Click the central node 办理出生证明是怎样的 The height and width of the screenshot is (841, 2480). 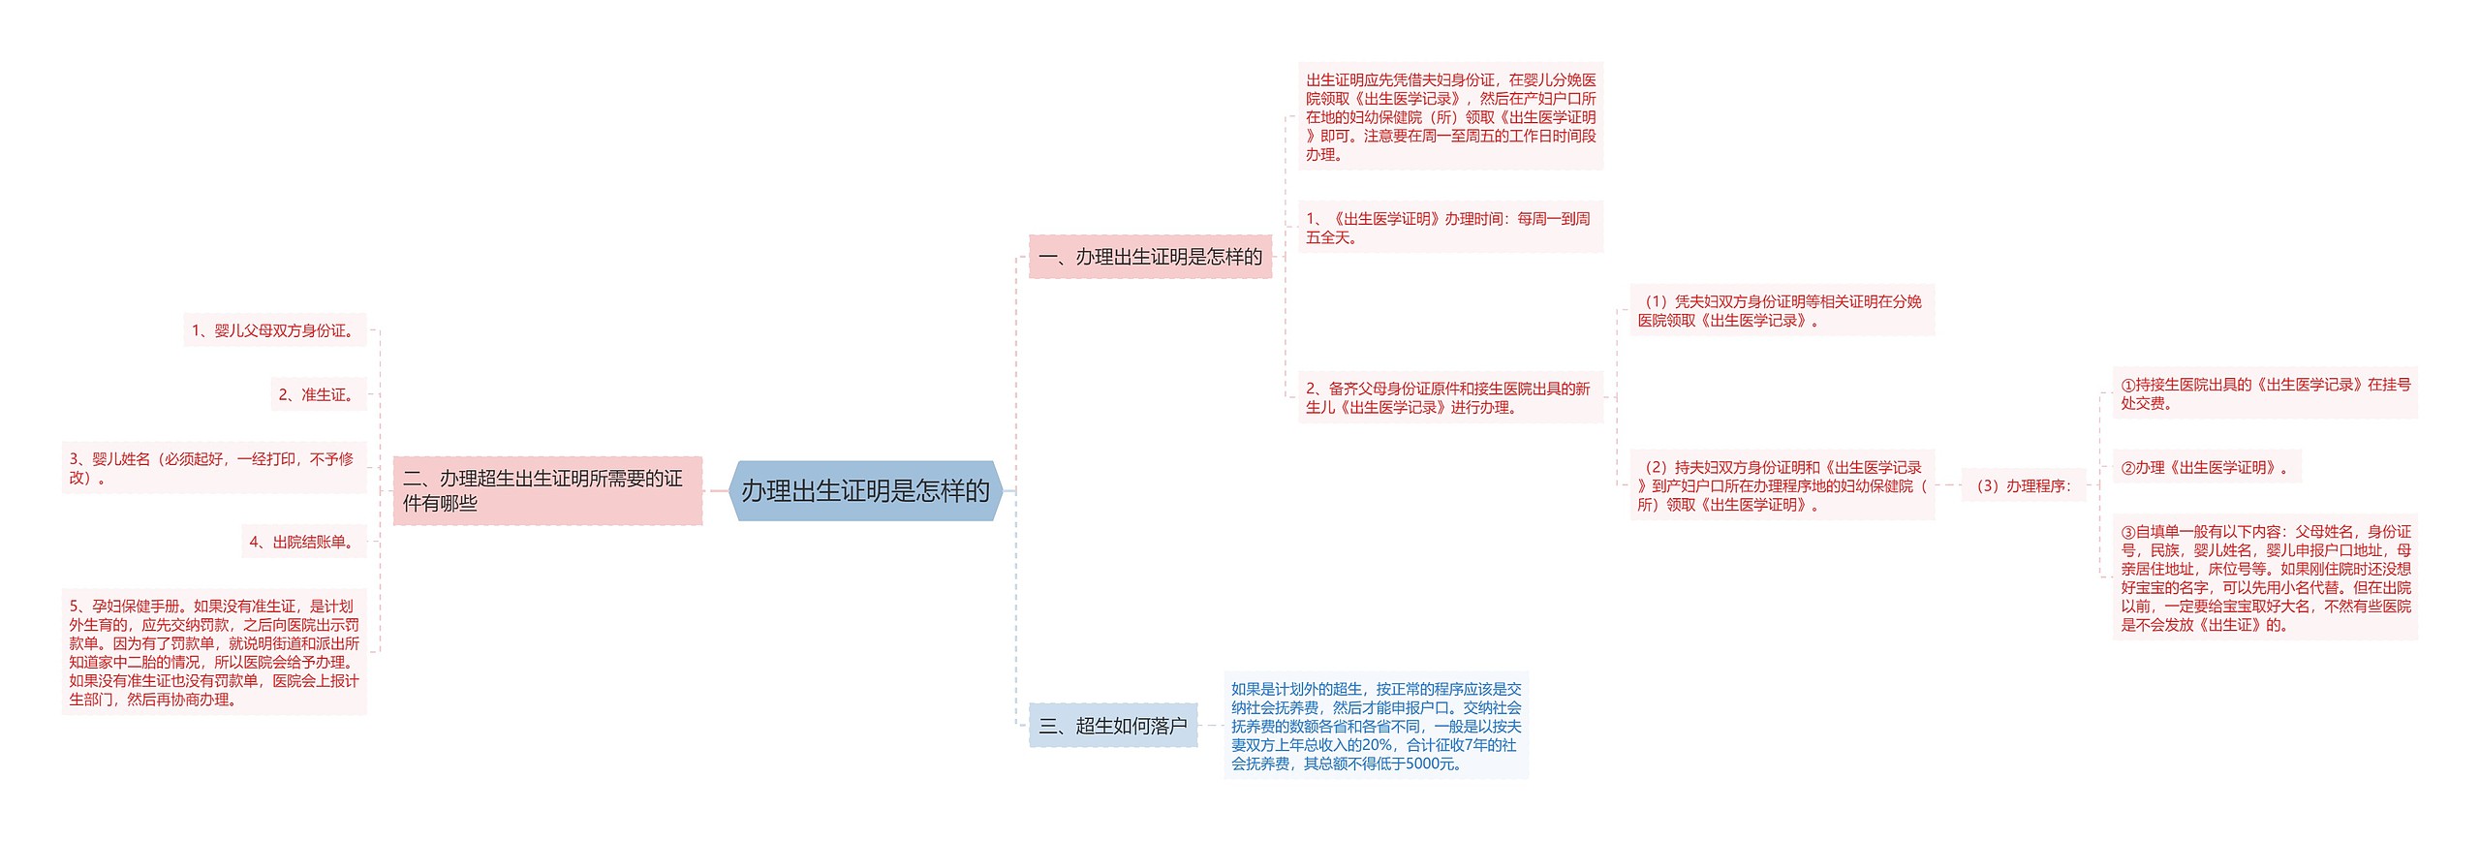(x=865, y=491)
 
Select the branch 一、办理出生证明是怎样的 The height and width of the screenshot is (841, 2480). (x=1150, y=257)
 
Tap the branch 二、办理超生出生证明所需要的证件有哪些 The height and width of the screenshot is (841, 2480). (x=547, y=491)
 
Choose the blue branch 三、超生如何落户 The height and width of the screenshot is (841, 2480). (x=1112, y=726)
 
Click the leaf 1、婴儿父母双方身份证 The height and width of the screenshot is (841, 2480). (x=274, y=330)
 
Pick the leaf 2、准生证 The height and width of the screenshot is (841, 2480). (x=318, y=394)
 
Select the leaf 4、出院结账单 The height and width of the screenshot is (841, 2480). (x=303, y=542)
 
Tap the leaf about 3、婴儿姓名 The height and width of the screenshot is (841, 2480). (x=213, y=468)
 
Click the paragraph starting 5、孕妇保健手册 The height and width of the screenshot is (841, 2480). (x=213, y=652)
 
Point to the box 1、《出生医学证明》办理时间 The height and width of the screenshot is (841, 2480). (x=1449, y=228)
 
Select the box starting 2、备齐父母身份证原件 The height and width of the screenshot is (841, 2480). (x=1449, y=397)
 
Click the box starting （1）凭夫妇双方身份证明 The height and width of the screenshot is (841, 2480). (x=1781, y=311)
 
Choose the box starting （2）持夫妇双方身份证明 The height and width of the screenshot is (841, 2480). (x=1781, y=485)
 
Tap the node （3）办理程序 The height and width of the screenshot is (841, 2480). (x=2023, y=485)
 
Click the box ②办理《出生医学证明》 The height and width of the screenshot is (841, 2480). (x=2205, y=467)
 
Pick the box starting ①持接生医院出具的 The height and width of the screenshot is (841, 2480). (x=2264, y=393)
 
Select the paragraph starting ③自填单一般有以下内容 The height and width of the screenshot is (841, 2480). (x=2264, y=577)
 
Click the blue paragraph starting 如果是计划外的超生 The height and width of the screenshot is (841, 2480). (x=1376, y=726)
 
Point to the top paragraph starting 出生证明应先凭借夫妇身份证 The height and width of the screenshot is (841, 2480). (x=1449, y=116)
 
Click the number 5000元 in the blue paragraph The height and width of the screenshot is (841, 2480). (x=1428, y=763)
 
